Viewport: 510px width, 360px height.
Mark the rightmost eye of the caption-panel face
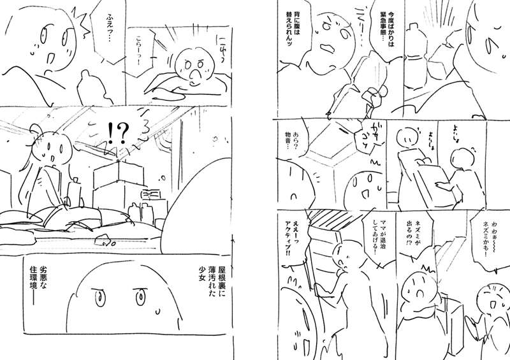[x=140, y=296]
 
